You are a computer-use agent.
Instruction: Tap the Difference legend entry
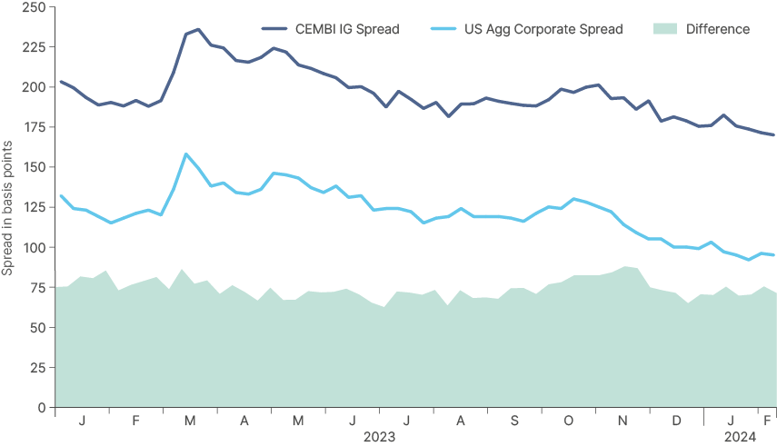point(718,29)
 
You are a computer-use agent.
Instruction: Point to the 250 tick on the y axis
point(34,7)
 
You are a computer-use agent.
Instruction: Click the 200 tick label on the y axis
point(34,87)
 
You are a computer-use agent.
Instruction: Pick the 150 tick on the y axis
point(34,167)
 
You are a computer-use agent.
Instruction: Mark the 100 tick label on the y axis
point(34,247)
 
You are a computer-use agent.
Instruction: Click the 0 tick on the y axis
point(42,408)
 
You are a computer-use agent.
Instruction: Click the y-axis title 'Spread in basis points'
point(7,207)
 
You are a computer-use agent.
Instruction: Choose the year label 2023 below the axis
point(379,437)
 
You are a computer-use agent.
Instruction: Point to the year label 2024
point(740,437)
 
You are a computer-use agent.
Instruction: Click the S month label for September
point(514,422)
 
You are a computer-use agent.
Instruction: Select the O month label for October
point(569,422)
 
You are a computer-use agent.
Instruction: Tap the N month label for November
point(623,422)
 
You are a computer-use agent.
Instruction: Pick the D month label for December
point(676,422)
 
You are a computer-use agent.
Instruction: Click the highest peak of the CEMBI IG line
point(195,30)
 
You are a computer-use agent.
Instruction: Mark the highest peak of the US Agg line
point(186,154)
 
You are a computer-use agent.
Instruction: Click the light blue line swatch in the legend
point(443,29)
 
